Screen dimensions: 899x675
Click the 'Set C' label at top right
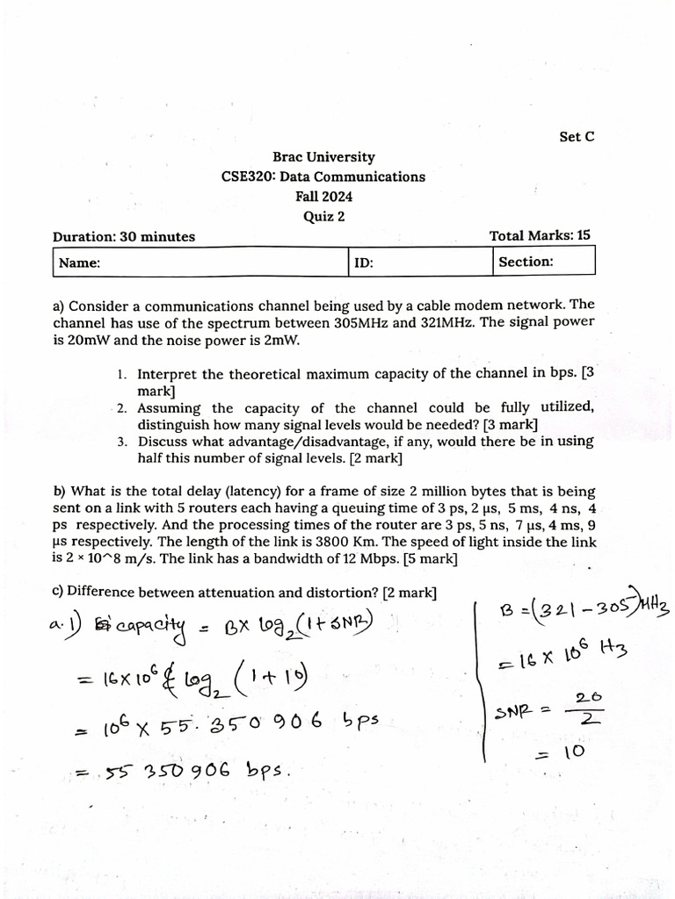(577, 137)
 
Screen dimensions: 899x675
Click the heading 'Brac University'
(323, 157)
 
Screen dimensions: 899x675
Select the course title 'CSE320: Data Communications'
(323, 176)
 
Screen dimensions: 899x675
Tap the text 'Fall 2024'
(323, 197)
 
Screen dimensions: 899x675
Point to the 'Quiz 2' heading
(323, 217)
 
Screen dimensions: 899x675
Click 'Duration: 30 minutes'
(124, 236)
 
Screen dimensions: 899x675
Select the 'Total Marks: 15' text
(540, 235)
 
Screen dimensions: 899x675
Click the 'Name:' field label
(79, 263)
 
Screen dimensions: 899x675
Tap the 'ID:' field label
(365, 263)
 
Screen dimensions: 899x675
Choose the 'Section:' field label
(526, 262)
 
